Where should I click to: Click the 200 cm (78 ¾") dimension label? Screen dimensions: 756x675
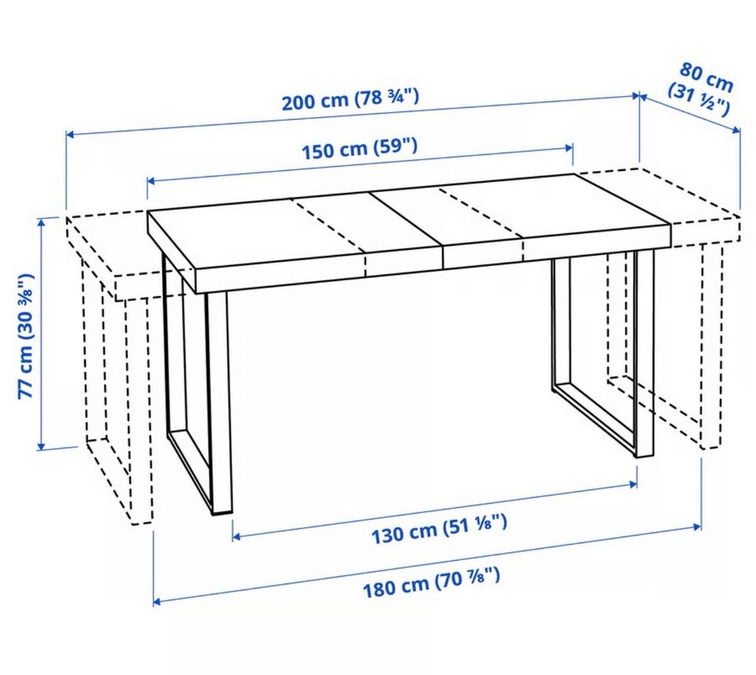point(350,100)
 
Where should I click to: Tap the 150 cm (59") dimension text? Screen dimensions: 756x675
point(359,149)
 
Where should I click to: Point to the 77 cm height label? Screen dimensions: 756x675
point(26,336)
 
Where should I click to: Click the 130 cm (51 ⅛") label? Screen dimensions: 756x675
point(439,529)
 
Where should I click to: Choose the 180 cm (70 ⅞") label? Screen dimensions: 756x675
point(431,582)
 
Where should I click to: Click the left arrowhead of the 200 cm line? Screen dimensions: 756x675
point(69,135)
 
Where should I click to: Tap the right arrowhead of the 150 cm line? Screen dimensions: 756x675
point(569,148)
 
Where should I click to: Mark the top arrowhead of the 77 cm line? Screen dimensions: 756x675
point(42,222)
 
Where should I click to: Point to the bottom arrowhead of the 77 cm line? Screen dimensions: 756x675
point(42,447)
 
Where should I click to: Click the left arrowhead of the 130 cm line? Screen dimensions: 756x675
point(236,536)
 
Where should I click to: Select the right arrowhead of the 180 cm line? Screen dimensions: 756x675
point(697,526)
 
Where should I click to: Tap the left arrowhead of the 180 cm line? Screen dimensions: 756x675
point(157,601)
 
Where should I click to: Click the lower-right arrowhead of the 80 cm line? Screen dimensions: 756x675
point(736,130)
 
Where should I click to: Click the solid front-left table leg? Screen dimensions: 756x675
point(220,402)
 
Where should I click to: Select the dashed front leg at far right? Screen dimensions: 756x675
point(712,347)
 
